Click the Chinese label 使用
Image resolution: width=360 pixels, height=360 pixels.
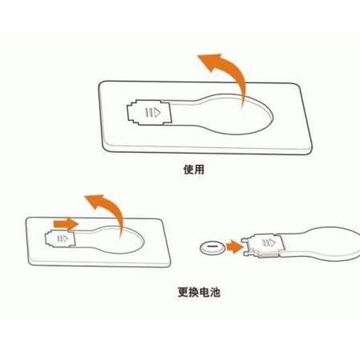click(193, 170)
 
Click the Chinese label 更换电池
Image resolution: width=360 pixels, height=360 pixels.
click(199, 292)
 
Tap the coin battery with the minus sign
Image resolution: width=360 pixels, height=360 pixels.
click(212, 247)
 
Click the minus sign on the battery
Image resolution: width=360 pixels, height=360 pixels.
click(212, 246)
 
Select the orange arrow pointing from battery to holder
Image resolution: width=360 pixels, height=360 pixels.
click(235, 247)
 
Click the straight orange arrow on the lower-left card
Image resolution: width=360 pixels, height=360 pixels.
click(66, 224)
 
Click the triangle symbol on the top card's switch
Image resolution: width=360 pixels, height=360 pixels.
click(157, 113)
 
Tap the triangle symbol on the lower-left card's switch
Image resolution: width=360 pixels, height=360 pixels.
click(65, 239)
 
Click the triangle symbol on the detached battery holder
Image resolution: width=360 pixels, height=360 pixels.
click(272, 242)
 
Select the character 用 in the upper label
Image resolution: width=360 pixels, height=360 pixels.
click(199, 170)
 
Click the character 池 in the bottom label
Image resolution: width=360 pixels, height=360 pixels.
click(215, 292)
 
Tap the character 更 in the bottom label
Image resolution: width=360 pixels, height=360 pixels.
click(183, 292)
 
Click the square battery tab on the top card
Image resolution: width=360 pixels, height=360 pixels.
click(149, 113)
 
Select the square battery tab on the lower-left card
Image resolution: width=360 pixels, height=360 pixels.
click(60, 239)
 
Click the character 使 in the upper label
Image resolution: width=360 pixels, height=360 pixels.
click(188, 170)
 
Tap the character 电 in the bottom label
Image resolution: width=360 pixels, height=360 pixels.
click(205, 292)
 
